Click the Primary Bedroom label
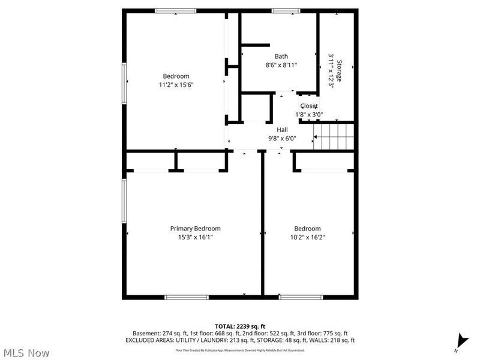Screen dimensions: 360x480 pos(195,229)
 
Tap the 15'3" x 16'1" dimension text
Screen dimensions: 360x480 pos(195,237)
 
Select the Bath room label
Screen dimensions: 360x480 pos(281,57)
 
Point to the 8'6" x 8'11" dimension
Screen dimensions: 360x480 pos(281,65)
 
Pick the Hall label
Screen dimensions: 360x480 pos(282,130)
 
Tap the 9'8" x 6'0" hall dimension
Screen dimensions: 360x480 pos(282,138)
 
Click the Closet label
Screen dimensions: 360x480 pos(309,106)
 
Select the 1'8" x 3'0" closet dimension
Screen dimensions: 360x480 pos(309,115)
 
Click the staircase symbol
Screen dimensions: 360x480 pos(335,136)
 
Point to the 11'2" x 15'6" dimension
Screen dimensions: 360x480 pos(176,85)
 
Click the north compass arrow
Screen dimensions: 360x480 pos(460,340)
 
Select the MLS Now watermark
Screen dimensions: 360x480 pos(26,353)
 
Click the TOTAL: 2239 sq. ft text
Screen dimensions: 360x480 pos(239,326)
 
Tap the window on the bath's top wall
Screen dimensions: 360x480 pos(286,11)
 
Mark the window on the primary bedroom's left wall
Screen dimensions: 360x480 pos(124,200)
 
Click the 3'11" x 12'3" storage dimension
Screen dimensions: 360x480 pos(331,71)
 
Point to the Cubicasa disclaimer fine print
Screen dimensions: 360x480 pos(239,350)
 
